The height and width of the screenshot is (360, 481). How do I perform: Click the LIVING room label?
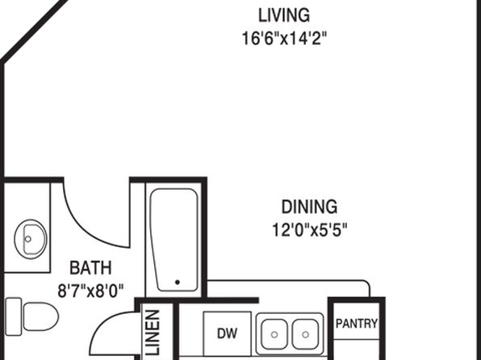(x=284, y=15)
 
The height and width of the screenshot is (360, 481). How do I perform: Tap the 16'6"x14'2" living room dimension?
(x=284, y=39)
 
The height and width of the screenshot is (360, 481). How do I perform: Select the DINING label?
(x=310, y=207)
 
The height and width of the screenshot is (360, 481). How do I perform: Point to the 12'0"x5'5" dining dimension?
(x=310, y=230)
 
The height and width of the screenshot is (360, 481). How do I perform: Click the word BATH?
(x=90, y=268)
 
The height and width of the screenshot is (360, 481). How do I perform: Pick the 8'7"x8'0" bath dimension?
(x=90, y=291)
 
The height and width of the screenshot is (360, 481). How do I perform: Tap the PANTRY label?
(x=357, y=324)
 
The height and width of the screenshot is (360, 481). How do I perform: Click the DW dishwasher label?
(x=228, y=333)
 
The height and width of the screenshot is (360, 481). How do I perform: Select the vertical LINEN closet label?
(x=153, y=333)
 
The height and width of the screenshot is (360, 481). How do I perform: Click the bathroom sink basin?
(x=31, y=239)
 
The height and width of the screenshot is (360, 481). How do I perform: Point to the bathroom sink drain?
(x=28, y=239)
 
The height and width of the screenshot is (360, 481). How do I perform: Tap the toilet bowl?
(x=41, y=316)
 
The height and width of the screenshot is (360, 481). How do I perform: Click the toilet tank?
(x=14, y=316)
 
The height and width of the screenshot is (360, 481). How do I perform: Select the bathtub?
(x=174, y=240)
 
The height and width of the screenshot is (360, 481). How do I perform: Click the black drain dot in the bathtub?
(x=178, y=282)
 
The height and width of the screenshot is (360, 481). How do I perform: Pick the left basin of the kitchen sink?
(x=274, y=334)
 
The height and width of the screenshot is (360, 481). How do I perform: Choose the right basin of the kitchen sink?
(x=305, y=334)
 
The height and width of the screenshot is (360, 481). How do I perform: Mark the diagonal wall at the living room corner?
(x=34, y=30)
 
